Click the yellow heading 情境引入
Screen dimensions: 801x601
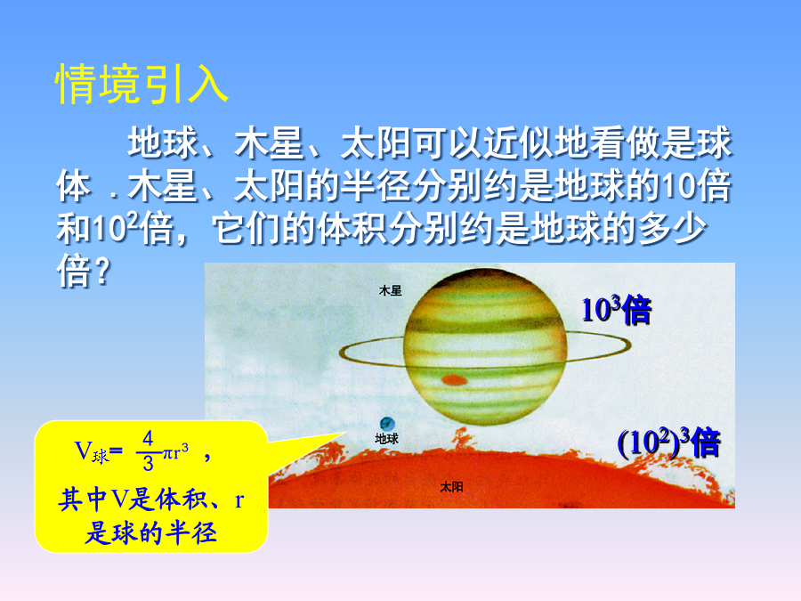[x=142, y=85]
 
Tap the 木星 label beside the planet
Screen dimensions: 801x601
[x=391, y=291]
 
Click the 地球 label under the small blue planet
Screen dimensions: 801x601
[x=387, y=438]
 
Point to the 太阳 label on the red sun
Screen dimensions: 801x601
[x=451, y=486]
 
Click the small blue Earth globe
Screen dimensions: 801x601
[x=387, y=424]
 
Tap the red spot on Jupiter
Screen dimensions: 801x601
[x=454, y=379]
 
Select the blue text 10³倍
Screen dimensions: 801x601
[x=617, y=310]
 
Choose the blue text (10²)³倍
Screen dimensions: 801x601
[x=668, y=443]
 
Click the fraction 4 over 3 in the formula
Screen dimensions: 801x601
[x=148, y=451]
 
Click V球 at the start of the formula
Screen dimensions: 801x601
[x=92, y=451]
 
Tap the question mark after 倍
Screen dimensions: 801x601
[x=102, y=272]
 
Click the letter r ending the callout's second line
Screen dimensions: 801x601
[x=239, y=500]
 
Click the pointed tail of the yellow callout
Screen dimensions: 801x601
[x=344, y=433]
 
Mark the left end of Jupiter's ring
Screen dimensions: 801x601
[x=341, y=353]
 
